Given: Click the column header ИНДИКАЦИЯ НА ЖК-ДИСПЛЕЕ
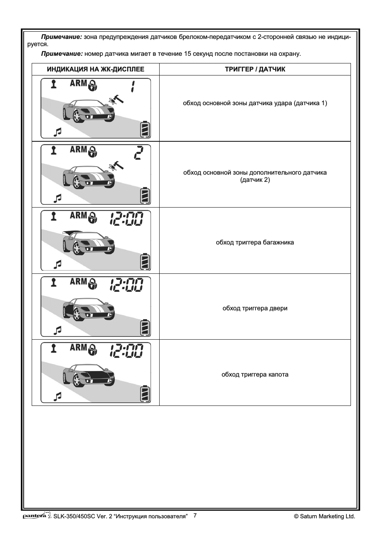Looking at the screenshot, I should tap(95, 69).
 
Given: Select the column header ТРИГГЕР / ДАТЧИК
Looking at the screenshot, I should tap(255, 69).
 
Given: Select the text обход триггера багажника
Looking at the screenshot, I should tap(255, 242).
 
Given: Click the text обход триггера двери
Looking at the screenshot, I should tap(255, 308).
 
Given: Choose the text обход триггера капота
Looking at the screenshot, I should tap(255, 375).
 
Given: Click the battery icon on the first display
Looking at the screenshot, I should tap(145, 130).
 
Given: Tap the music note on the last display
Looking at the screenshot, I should tap(58, 396).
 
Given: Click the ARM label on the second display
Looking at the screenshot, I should tap(78, 150).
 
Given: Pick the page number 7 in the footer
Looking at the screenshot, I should tap(195, 516).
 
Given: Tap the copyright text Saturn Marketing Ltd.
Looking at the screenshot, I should tap(324, 516).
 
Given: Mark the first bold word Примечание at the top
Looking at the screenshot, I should tap(61, 37).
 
